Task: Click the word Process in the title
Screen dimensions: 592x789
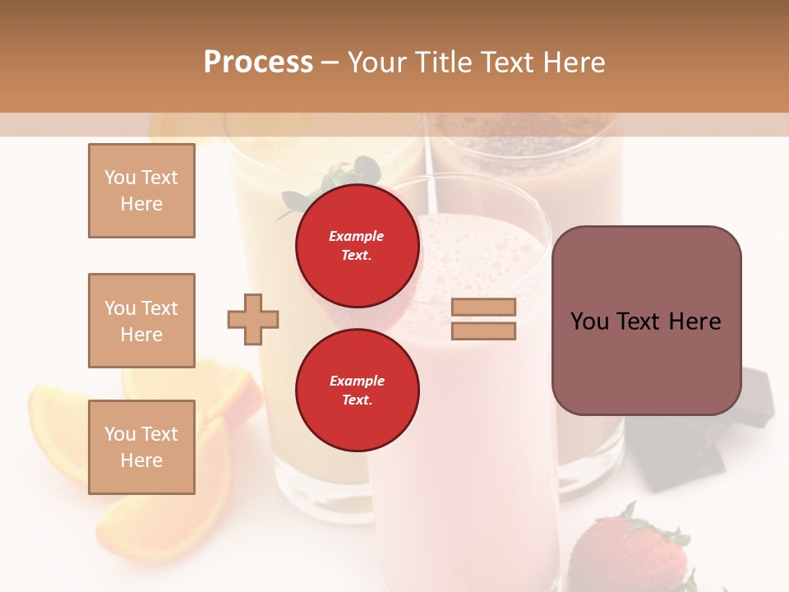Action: pyautogui.click(x=258, y=62)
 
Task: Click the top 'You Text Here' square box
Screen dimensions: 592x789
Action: pyautogui.click(x=141, y=191)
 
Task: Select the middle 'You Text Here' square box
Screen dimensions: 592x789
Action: pyautogui.click(x=141, y=321)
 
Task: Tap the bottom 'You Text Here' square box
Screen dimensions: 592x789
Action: pyautogui.click(x=141, y=447)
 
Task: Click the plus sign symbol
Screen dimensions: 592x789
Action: pyautogui.click(x=252, y=319)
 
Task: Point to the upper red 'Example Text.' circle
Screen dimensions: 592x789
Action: pyautogui.click(x=357, y=246)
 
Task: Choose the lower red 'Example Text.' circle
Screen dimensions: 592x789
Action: pyautogui.click(x=357, y=390)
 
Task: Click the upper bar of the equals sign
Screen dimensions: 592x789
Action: pyautogui.click(x=483, y=308)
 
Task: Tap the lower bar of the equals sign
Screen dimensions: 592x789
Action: pyautogui.click(x=483, y=331)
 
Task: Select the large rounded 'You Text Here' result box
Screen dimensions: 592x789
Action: pyautogui.click(x=646, y=320)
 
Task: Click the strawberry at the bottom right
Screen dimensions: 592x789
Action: pyautogui.click(x=629, y=555)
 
